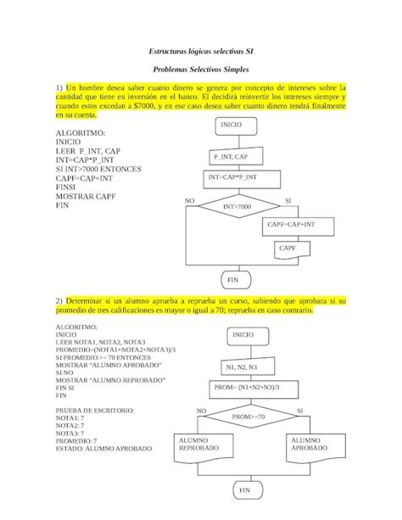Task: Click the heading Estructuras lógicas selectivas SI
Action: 200,51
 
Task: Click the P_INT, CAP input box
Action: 231,158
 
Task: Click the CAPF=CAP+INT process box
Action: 291,226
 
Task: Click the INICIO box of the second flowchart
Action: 248,335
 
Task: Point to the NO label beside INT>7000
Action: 189,201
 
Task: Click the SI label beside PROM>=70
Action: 300,411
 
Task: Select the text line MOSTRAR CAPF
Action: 86,196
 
